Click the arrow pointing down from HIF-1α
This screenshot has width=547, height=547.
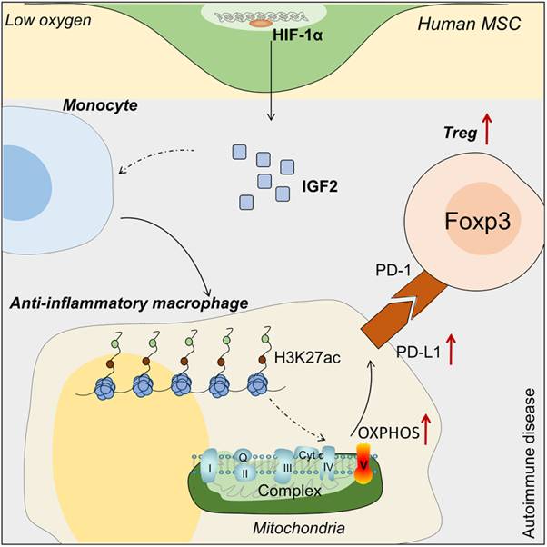[270, 86]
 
